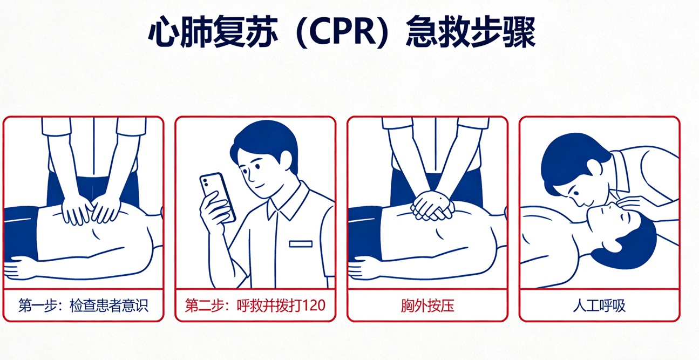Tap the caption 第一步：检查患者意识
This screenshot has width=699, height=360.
[83, 305]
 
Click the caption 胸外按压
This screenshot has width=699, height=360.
[427, 305]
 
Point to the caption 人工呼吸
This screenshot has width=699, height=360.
[599, 305]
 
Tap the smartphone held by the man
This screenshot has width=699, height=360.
[218, 196]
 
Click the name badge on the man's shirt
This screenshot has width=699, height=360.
[301, 243]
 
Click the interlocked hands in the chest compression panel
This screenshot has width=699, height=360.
[432, 206]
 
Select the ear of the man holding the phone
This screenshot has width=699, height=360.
[286, 161]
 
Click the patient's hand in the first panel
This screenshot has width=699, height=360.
[19, 267]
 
